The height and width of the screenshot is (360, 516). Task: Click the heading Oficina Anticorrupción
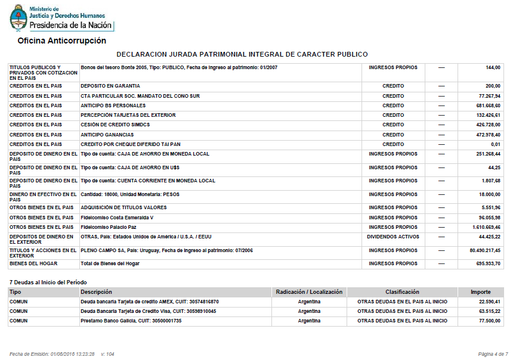pos(61,41)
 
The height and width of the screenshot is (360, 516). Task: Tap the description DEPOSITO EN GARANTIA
pos(110,86)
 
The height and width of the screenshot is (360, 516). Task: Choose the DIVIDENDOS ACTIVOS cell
pos(393,237)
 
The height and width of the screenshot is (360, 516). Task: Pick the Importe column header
pos(481,292)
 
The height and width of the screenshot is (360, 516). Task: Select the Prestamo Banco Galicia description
pos(131,321)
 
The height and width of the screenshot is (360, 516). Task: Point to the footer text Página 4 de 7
pos(493,354)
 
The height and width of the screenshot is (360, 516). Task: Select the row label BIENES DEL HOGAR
pos(35,263)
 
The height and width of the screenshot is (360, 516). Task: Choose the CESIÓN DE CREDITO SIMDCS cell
pos(116,125)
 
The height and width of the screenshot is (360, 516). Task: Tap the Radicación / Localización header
pos(309,292)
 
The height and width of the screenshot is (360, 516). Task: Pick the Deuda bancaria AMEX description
pos(150,302)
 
